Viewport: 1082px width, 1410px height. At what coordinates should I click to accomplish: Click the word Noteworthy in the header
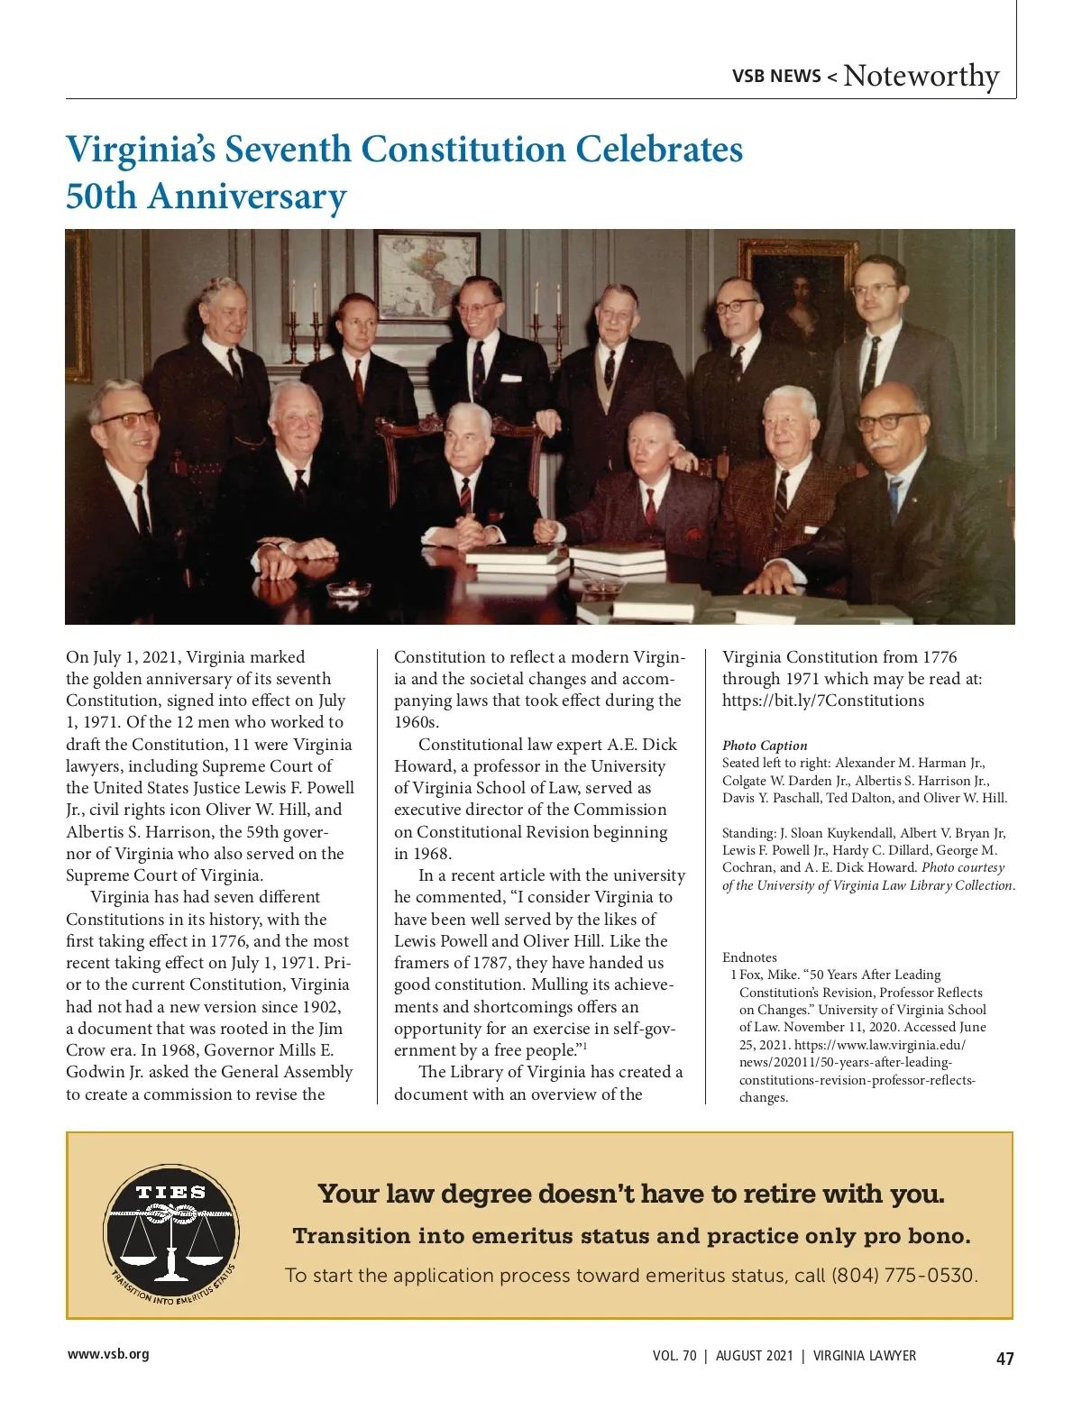[921, 76]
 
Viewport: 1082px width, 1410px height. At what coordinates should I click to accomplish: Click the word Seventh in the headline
[288, 150]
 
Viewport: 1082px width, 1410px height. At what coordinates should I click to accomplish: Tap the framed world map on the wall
[426, 275]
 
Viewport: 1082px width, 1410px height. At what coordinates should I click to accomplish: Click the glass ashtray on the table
[348, 590]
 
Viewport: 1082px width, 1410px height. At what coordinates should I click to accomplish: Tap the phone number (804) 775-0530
[903, 1276]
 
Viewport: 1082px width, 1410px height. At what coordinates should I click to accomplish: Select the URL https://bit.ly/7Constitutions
[822, 700]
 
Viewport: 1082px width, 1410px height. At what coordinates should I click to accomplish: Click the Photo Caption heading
[765, 746]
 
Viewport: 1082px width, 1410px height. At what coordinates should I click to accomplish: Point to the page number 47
[1004, 1359]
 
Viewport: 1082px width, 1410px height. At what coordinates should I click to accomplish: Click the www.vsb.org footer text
[108, 1354]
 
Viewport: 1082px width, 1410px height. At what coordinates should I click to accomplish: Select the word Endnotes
[749, 957]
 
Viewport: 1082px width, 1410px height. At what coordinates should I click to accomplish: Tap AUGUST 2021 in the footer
[755, 1356]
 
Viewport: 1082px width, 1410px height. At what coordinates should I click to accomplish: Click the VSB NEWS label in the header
[776, 77]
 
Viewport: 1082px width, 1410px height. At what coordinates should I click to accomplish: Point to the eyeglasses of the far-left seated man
[126, 420]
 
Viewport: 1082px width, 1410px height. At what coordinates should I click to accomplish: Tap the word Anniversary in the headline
[246, 197]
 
